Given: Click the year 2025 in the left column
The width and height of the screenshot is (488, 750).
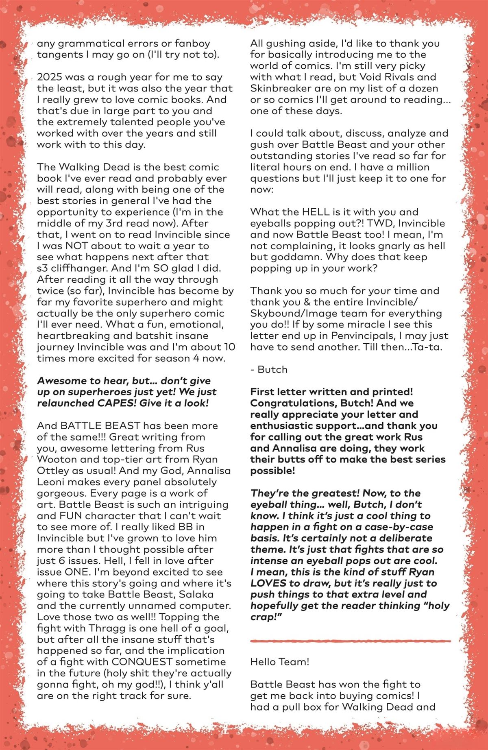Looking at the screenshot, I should pyautogui.click(x=49, y=77).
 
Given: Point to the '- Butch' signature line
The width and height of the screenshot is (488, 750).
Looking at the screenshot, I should pyautogui.click(x=269, y=370).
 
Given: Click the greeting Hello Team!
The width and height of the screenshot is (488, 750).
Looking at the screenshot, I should pyautogui.click(x=280, y=662).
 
